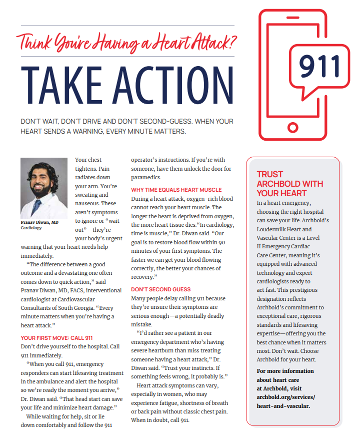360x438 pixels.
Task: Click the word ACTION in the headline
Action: pyautogui.click(x=172, y=86)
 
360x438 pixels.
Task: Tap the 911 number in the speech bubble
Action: pyautogui.click(x=319, y=65)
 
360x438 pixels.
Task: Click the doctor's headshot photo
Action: pyautogui.click(x=44, y=188)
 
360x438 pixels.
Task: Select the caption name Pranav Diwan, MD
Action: pyautogui.click(x=39, y=222)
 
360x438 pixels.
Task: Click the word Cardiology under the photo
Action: pyautogui.click(x=31, y=228)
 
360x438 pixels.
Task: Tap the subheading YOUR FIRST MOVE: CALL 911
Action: pyautogui.click(x=56, y=338)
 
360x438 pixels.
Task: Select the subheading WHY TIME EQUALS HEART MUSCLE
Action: pyautogui.click(x=176, y=190)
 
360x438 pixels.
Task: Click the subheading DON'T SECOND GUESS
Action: pyautogui.click(x=161, y=289)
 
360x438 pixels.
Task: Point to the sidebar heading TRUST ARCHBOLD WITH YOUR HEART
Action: pyautogui.click(x=290, y=184)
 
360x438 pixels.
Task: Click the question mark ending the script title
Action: pyautogui.click(x=231, y=40)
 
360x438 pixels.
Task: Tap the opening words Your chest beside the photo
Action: pyautogui.click(x=88, y=160)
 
